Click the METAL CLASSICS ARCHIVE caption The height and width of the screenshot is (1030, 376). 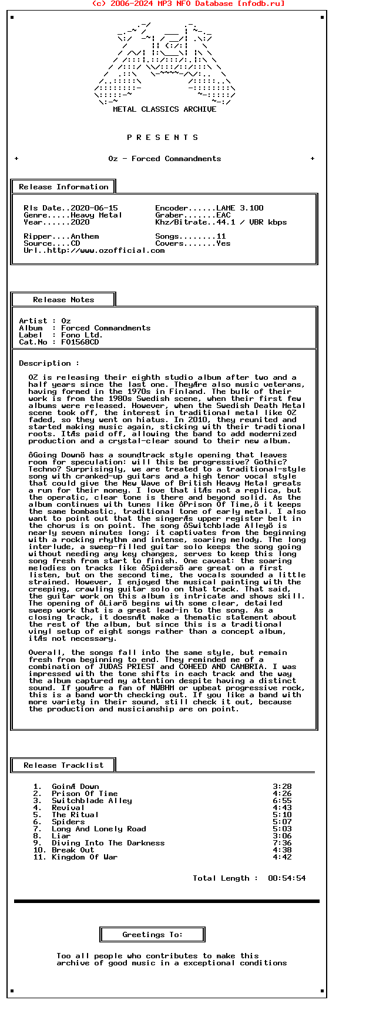(x=164, y=109)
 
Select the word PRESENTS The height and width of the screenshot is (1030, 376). (x=163, y=138)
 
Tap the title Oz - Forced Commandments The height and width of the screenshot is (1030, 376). (x=164, y=159)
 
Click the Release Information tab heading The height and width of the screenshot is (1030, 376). (x=63, y=187)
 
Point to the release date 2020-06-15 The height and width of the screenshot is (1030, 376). (x=94, y=208)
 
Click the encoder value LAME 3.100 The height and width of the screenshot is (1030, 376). (x=240, y=208)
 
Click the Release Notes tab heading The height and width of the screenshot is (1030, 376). (x=63, y=300)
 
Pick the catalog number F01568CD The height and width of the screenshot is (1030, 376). (x=80, y=342)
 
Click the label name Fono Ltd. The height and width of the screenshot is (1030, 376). (x=82, y=335)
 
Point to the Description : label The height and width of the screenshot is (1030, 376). (x=49, y=363)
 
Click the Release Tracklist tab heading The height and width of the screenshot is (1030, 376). (x=63, y=765)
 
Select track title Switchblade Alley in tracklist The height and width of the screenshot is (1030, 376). (x=92, y=801)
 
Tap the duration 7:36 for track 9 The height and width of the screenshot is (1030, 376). (x=282, y=843)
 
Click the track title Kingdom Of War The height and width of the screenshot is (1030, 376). (x=85, y=857)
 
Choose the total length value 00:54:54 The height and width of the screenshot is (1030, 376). (x=287, y=878)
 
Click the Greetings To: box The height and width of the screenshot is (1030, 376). (x=152, y=935)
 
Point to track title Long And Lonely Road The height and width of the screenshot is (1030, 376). (x=99, y=829)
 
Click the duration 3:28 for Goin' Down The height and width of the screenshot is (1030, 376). (x=282, y=787)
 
